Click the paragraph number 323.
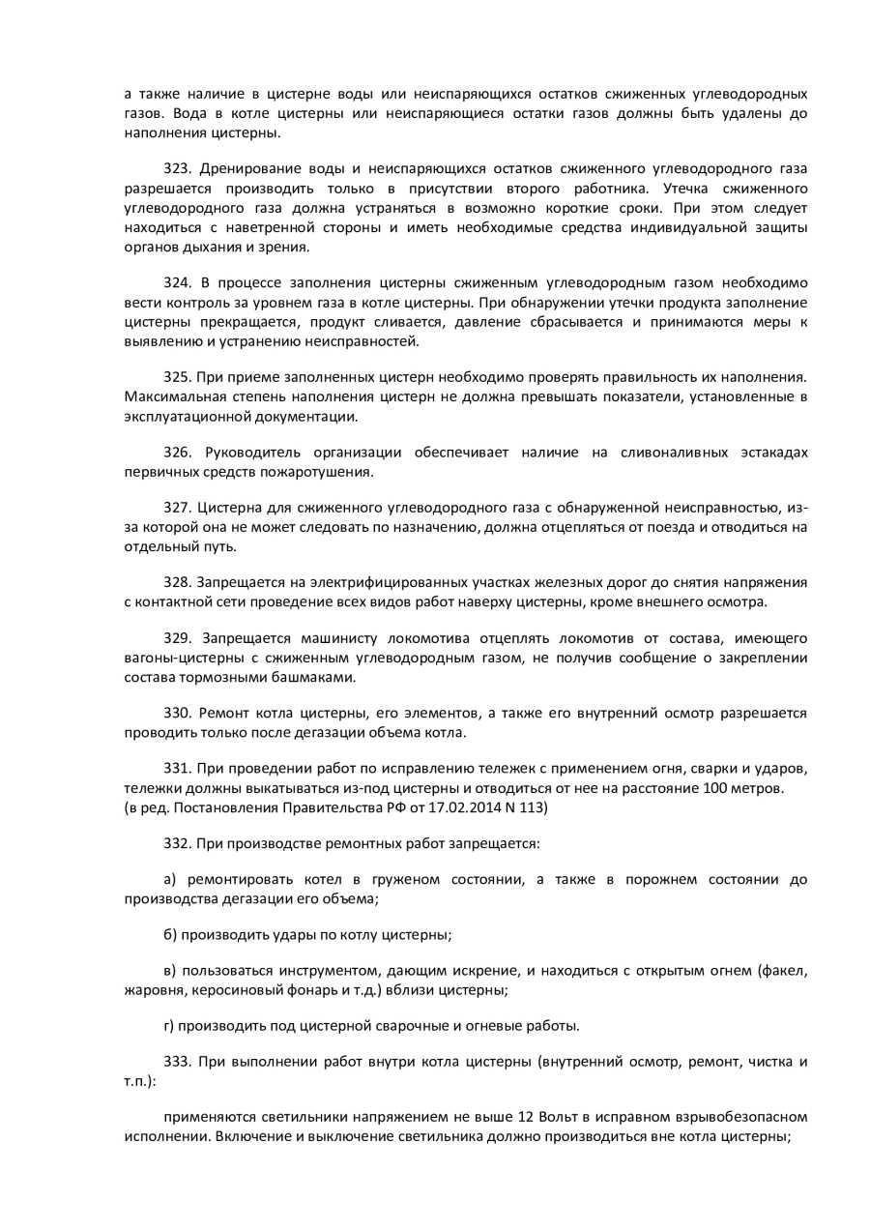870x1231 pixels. coord(177,169)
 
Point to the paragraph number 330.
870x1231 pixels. coord(177,714)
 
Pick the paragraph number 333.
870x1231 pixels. coord(177,1062)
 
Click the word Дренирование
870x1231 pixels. coord(246,169)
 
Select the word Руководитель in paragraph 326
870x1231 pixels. coord(250,453)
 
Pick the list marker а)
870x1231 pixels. coord(170,880)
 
